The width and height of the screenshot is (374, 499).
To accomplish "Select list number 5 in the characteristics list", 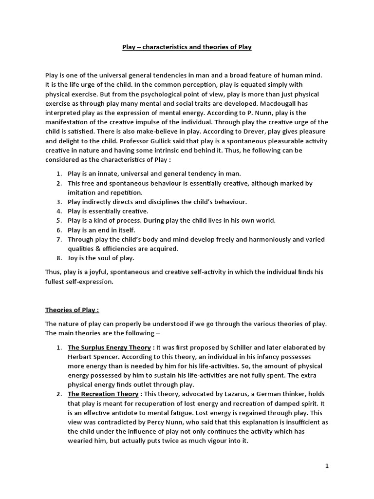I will point(58,220).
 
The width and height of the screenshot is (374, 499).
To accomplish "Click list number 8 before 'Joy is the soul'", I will point(58,258).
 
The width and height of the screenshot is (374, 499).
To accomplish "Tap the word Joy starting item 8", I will point(73,258).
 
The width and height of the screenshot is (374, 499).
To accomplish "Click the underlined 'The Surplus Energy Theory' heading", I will point(110,347).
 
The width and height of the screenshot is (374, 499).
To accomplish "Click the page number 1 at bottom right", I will point(327,466).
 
